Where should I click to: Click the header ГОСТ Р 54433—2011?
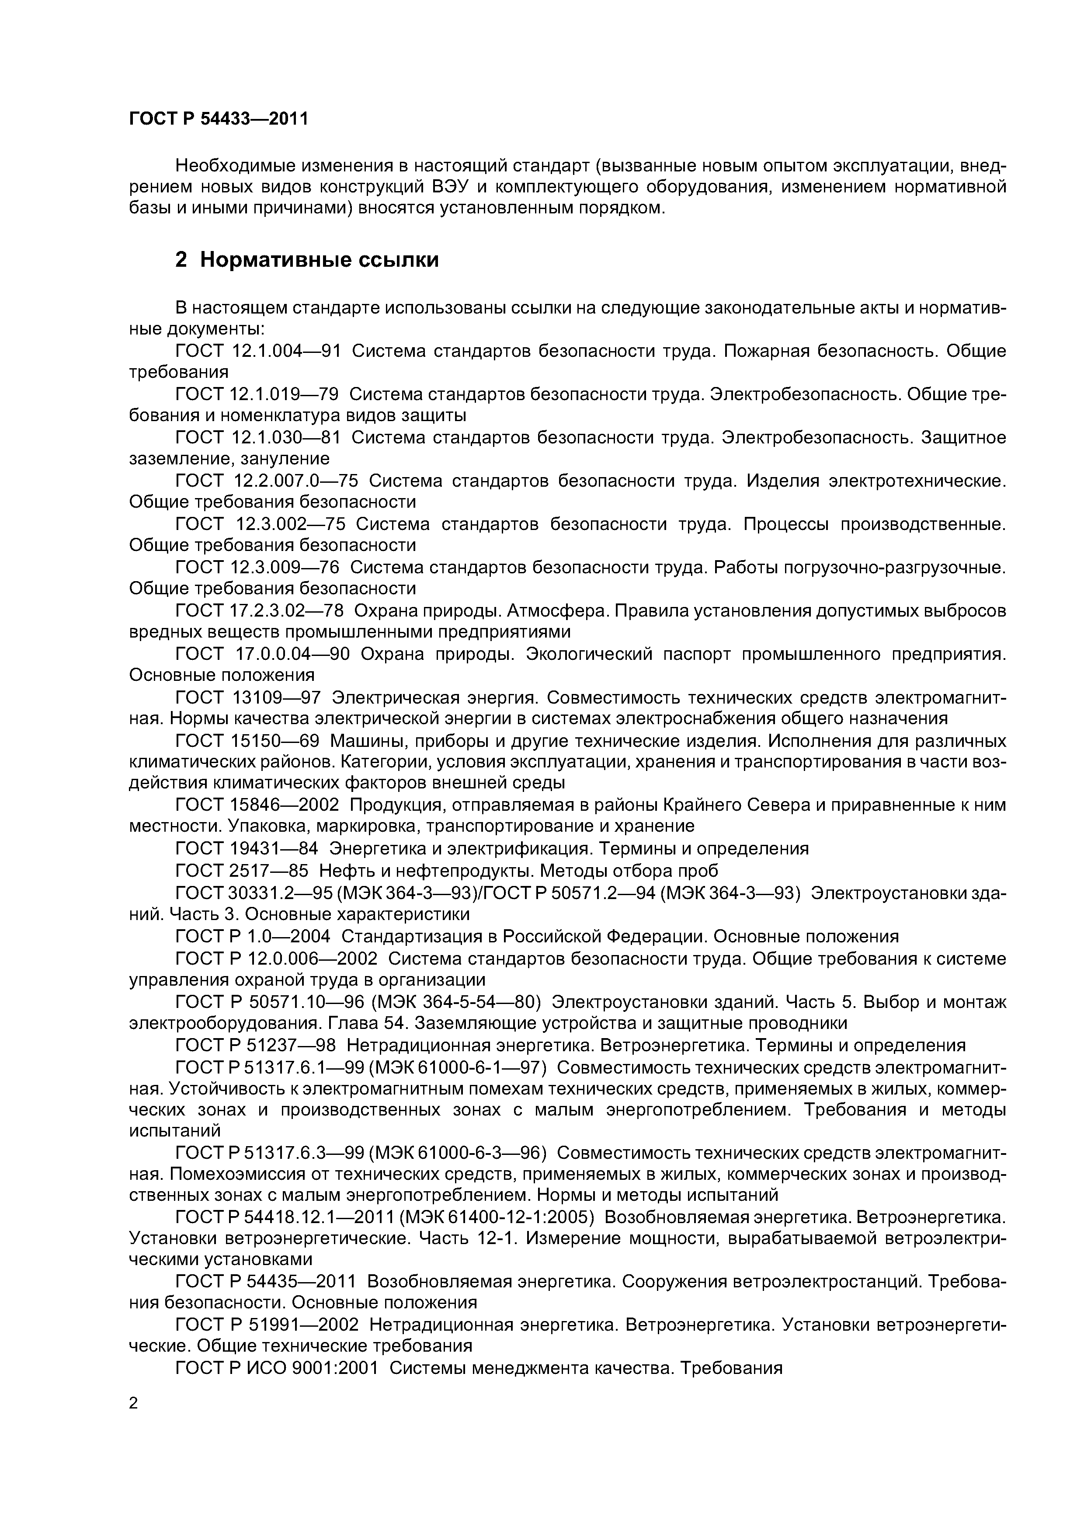click(x=219, y=119)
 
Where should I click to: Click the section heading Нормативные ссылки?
click(x=319, y=259)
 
